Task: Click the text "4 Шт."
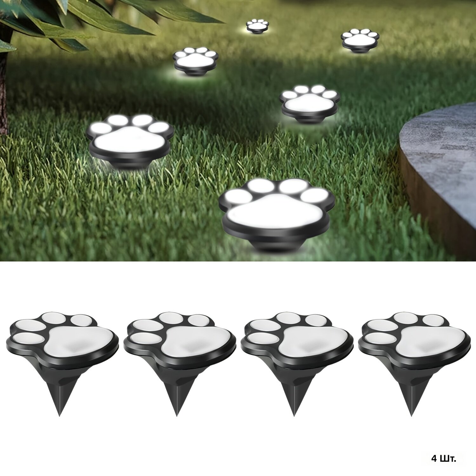tap(444, 459)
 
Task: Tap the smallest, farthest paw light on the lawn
tap(258, 26)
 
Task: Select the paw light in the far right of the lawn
tap(360, 40)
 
